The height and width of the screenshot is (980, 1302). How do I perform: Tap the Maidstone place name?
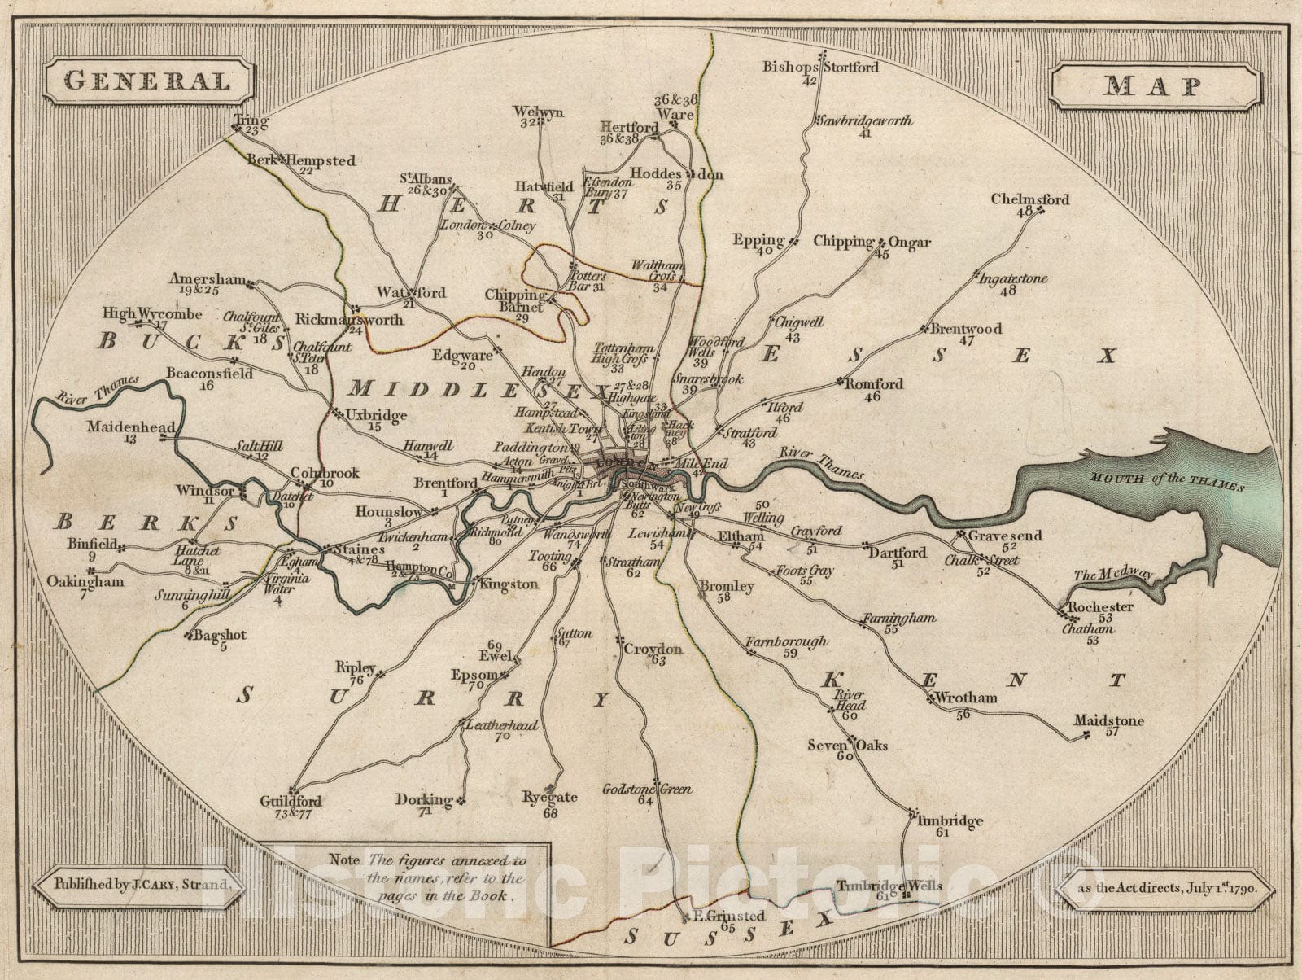point(1108,721)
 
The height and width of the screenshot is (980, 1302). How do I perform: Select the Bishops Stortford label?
point(820,67)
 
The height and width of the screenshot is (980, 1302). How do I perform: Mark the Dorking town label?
point(423,799)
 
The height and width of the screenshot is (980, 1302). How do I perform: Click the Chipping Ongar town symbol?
point(880,243)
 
